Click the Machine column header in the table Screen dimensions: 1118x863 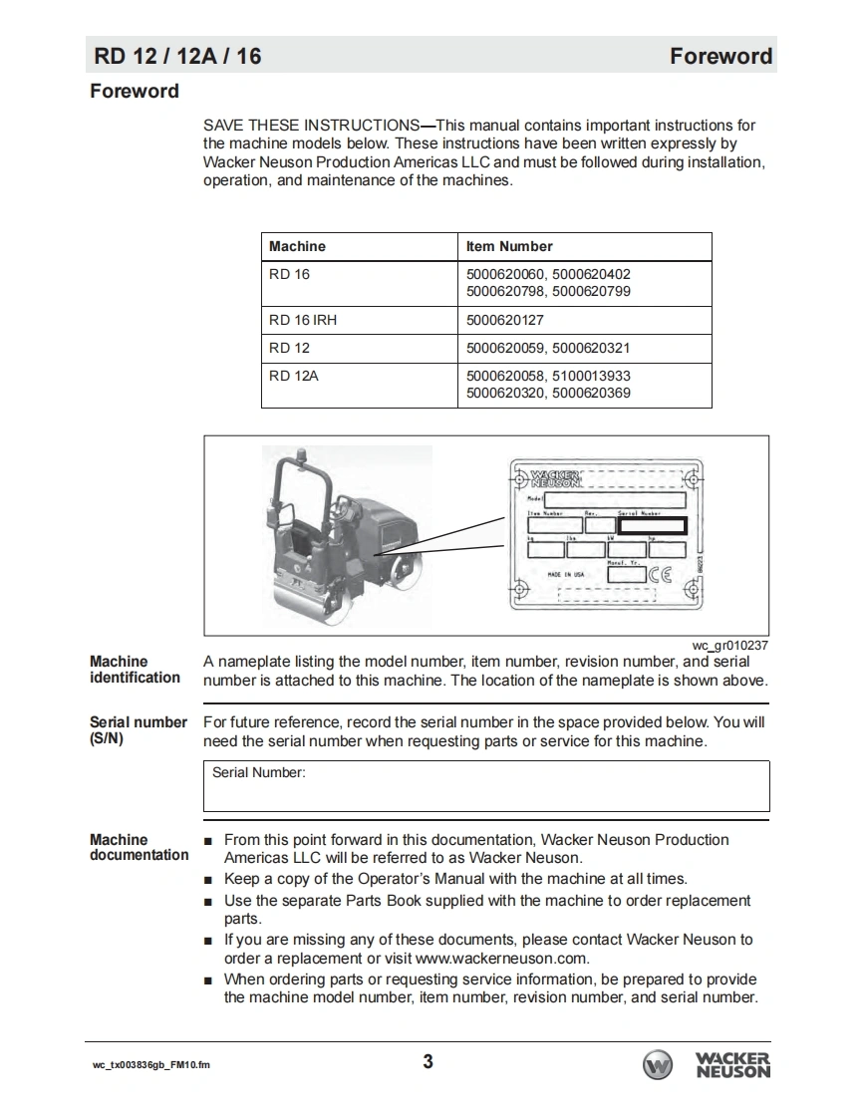(297, 246)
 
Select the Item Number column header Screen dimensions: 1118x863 (509, 246)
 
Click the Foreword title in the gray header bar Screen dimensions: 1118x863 (720, 56)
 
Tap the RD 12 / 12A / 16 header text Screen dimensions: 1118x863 (177, 56)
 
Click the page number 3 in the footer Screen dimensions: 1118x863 (429, 1061)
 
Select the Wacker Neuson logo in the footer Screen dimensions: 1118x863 (707, 1064)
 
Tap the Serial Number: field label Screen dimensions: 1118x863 (259, 772)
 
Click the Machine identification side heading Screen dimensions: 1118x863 (135, 670)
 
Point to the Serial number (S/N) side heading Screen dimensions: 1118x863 (138, 730)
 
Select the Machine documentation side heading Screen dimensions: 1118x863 (139, 847)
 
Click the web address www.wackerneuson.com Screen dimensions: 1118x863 (502, 959)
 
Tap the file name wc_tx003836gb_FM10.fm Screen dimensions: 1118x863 (150, 1065)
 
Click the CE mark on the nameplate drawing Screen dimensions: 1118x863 (661, 573)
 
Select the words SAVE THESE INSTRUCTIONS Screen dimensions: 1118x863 (311, 126)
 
